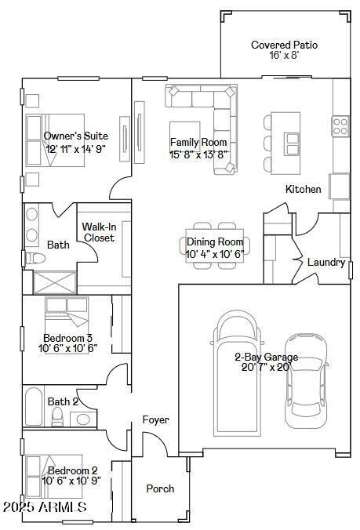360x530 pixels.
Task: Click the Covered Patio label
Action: tap(284, 45)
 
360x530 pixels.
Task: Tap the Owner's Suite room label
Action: tap(76, 136)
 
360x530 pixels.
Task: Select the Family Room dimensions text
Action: tap(198, 154)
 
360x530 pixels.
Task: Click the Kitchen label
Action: tap(303, 189)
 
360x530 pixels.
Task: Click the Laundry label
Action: tap(325, 263)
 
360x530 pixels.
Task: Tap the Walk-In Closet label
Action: tap(99, 232)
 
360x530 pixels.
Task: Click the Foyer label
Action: tap(155, 420)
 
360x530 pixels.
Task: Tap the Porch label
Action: tap(160, 488)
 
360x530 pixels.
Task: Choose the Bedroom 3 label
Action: tap(67, 339)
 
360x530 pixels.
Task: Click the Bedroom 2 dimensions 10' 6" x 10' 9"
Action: tap(71, 481)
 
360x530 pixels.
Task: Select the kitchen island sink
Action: tap(292, 143)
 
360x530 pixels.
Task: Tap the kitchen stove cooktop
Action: tap(341, 122)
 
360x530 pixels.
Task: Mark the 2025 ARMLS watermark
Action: tap(44, 508)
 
